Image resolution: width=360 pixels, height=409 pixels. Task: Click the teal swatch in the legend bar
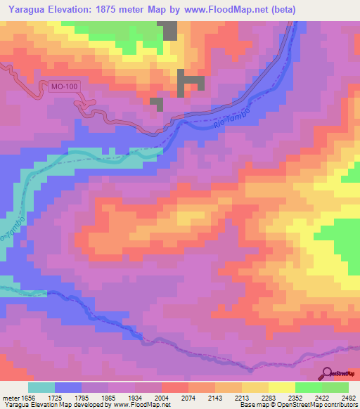pos(42,387)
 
